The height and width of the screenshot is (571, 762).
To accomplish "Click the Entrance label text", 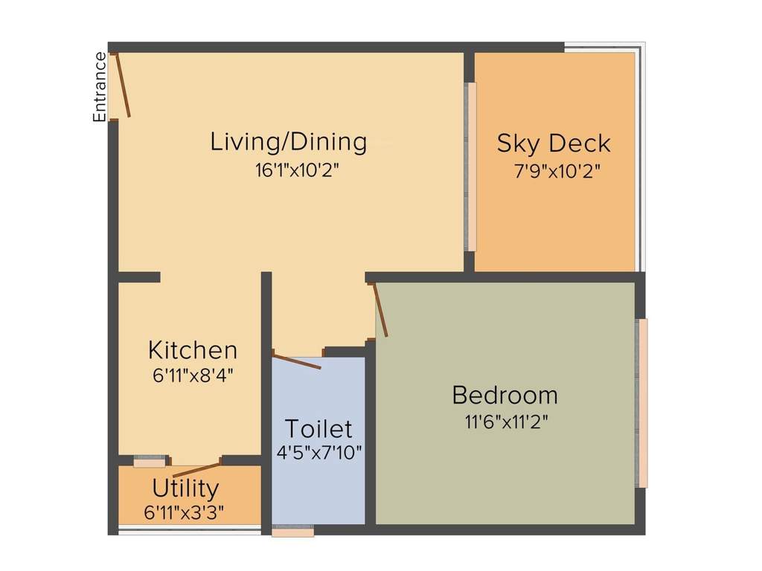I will point(98,87).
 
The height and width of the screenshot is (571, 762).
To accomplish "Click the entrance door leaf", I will point(122,85).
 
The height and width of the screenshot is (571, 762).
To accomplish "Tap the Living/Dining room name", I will point(289,141).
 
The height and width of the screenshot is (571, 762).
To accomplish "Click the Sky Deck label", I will point(554,143).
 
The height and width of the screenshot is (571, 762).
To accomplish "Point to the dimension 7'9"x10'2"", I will point(557,170).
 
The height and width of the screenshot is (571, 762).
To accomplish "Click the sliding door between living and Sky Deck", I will point(471,167).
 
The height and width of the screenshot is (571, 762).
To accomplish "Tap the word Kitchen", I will point(193,349).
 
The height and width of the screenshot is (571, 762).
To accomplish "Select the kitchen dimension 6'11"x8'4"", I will point(193,375).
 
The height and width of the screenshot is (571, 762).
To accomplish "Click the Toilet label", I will point(318,429).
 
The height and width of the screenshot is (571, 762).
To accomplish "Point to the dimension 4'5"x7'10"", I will point(319,452).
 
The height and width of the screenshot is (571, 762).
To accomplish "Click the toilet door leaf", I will point(297,363).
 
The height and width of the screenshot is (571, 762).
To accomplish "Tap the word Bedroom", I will point(505,395).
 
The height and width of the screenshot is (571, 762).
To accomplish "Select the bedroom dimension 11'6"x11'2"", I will point(507,422).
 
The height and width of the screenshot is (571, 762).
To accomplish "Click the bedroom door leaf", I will point(380,311).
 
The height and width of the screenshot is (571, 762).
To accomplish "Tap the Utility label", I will point(185,488).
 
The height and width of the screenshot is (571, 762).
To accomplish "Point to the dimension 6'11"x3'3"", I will point(185,512).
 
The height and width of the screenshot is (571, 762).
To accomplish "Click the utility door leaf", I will point(197,470).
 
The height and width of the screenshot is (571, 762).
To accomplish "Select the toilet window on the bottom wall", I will point(292,532).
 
